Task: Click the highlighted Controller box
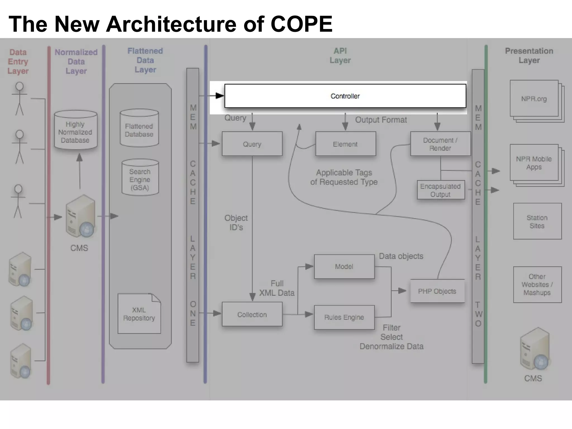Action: [x=345, y=96]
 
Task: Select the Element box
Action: [x=345, y=144]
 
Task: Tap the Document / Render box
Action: [x=440, y=144]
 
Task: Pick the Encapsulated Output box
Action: [x=440, y=190]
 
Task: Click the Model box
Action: [x=344, y=266]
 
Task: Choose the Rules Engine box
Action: [x=344, y=317]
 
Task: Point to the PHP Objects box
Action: [x=437, y=291]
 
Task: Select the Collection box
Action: [x=252, y=314]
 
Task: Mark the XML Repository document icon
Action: [x=139, y=314]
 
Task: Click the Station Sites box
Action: [x=537, y=221]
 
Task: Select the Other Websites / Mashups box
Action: [x=537, y=285]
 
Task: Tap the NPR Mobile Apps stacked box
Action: [x=534, y=163]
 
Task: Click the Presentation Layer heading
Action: [x=529, y=56]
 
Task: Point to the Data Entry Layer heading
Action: [x=18, y=61]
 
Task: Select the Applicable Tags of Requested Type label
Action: [x=344, y=177]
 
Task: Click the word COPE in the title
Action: [x=301, y=24]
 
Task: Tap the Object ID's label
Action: [x=236, y=223]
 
